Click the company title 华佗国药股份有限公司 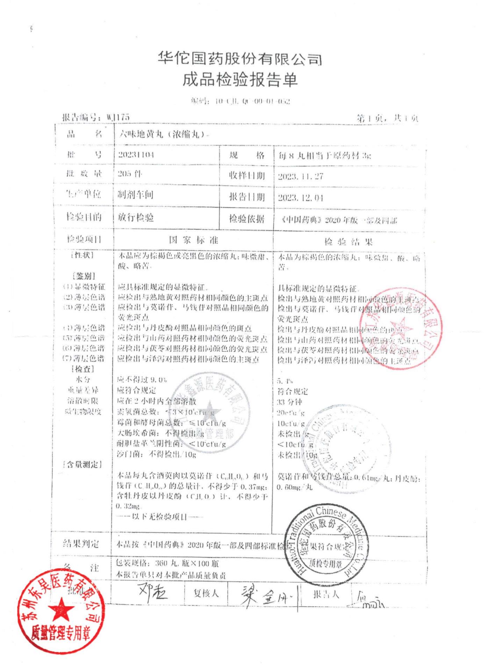click(239, 59)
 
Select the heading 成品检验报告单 click(239, 80)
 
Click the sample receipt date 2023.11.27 click(300, 176)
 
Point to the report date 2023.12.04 click(300, 198)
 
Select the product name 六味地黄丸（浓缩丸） click(163, 134)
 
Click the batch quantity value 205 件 click(130, 174)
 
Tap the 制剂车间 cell click(135, 195)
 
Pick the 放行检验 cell click(136, 217)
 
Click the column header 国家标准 click(193, 240)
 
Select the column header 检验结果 click(348, 242)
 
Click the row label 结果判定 click(81, 543)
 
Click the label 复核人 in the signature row click(206, 593)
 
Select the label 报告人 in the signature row click(326, 594)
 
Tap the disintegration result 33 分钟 click(289, 402)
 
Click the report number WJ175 click(118, 117)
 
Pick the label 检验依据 click(246, 219)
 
